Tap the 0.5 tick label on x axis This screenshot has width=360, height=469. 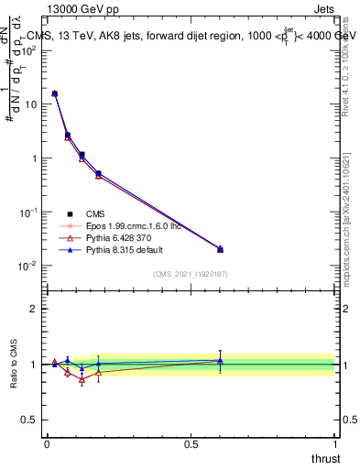tap(191, 442)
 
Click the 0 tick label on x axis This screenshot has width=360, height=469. tap(47, 442)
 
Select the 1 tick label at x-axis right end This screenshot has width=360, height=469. tap(334, 442)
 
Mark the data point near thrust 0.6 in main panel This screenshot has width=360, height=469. tap(220, 249)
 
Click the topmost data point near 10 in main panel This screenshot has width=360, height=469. tap(55, 93)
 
